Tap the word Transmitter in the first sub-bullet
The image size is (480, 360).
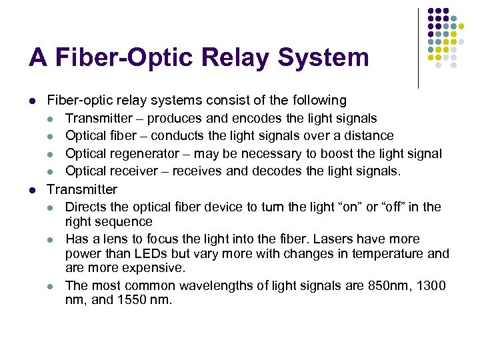[99, 119]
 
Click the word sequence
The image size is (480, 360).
[125, 221]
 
